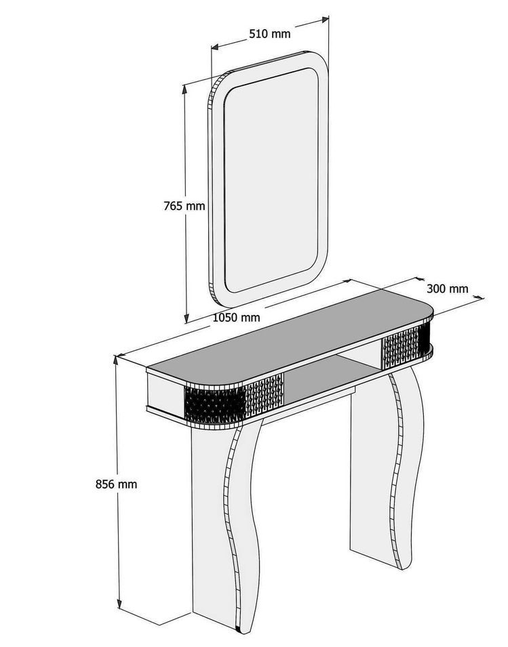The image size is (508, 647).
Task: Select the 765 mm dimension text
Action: pos(184,205)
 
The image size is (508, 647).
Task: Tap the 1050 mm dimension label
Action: pos(236,317)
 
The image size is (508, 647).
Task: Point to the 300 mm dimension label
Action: pos(448,289)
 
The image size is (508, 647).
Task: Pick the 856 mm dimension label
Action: pos(117,484)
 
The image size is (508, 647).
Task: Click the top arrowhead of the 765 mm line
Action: pos(185,87)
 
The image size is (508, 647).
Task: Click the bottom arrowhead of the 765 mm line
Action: pos(186,318)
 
